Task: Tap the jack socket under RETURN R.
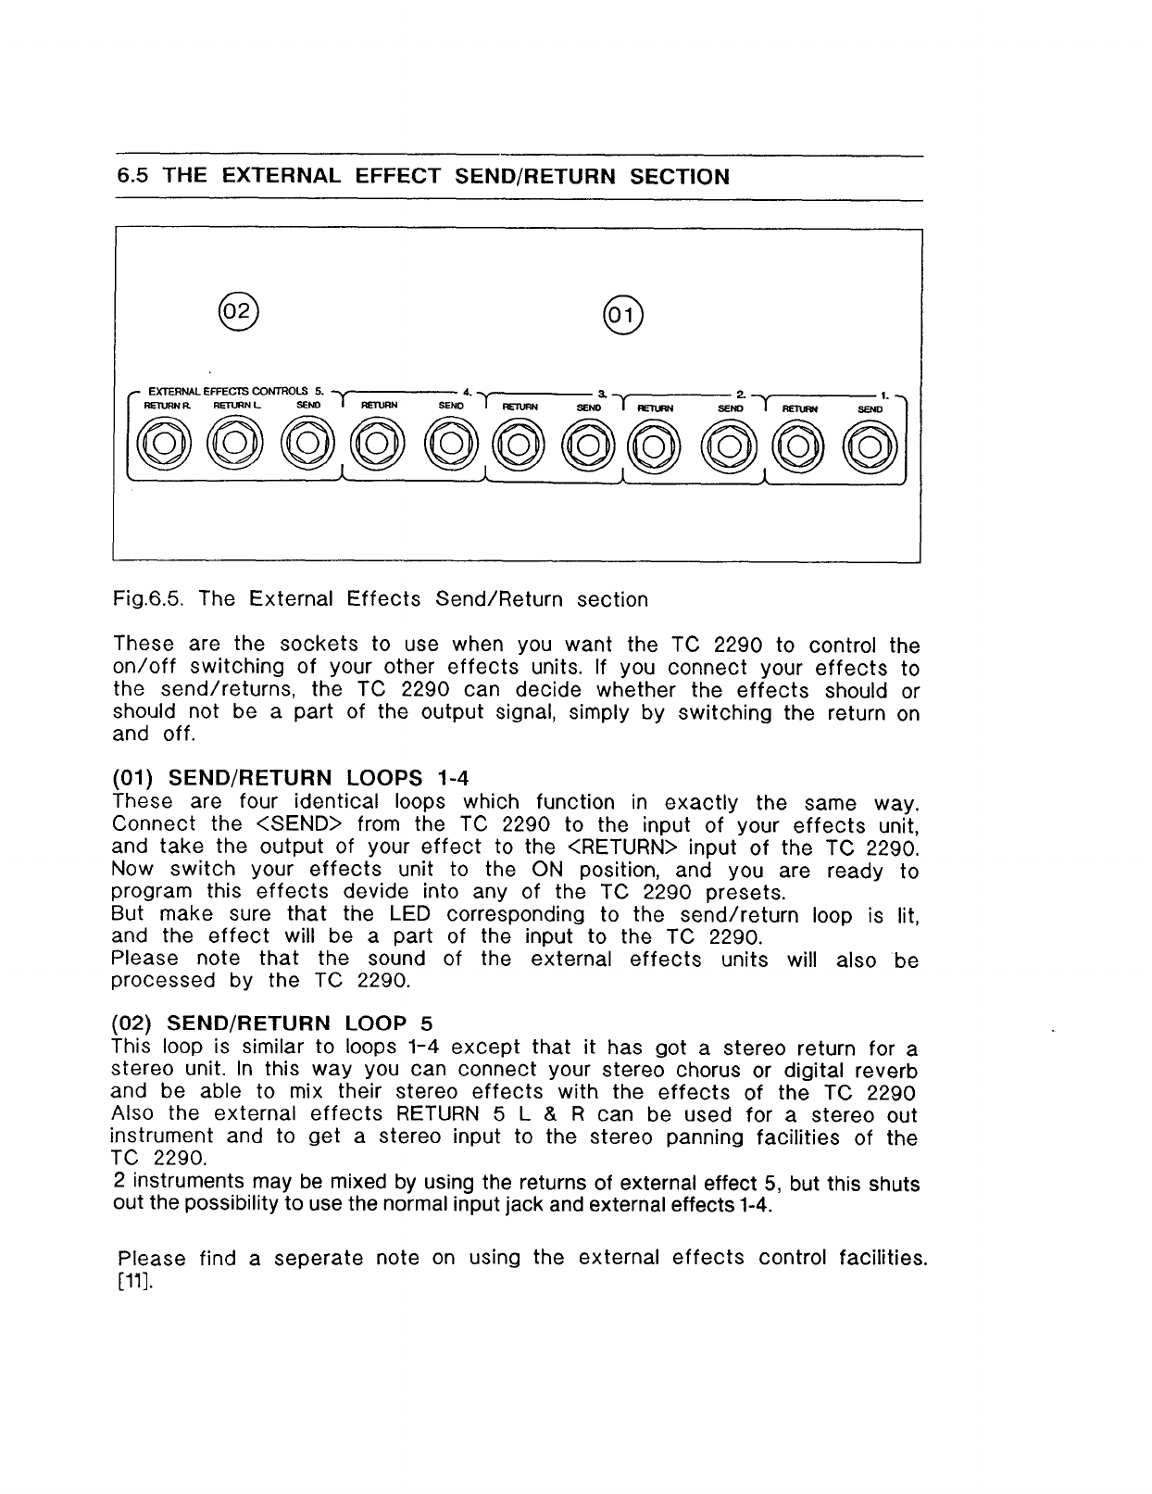163,445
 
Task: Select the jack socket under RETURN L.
234,445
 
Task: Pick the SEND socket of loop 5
307,445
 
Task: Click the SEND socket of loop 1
869,445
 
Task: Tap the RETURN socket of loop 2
656,445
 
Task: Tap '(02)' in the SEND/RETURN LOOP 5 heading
131,1023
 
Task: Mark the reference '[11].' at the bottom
130,1282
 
